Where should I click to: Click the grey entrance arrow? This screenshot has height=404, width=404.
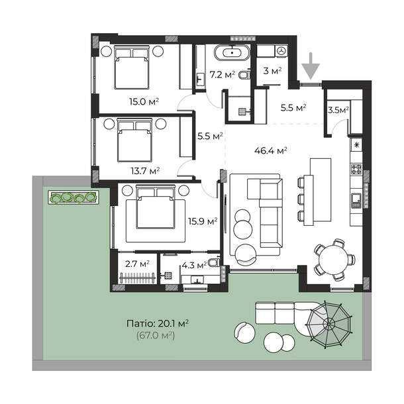coord(311,66)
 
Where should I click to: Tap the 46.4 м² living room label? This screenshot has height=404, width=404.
coord(270,150)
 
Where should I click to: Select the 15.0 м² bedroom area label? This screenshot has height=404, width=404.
coord(144,101)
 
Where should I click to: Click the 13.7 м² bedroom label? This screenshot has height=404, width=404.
coord(145,170)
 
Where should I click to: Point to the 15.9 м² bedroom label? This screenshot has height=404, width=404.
coord(203,221)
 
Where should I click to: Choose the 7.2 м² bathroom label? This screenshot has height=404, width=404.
coord(223,75)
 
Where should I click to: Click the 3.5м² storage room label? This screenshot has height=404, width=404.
coord(338,111)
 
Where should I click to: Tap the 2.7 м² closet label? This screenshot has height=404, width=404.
coord(137,264)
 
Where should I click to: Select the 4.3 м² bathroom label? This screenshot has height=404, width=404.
coord(194,265)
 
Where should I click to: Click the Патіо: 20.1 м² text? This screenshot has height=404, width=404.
coord(158,323)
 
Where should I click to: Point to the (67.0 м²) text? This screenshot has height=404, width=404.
coord(156,336)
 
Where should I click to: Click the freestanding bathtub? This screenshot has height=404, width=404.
coord(232,52)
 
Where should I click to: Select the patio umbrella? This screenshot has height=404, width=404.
coord(329,324)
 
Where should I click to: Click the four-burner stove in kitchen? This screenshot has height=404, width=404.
coord(356,169)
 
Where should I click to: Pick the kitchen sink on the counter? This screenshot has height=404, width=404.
coord(356,201)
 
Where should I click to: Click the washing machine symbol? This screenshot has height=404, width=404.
coord(282,50)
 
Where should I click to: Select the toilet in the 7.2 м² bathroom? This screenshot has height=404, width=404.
coord(244,76)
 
